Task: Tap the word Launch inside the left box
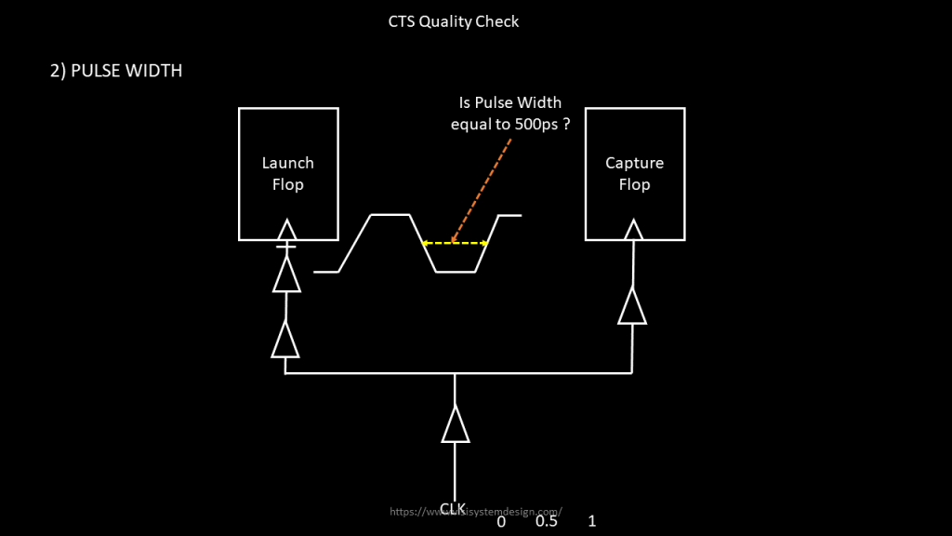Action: tap(287, 163)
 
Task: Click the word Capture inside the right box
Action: tap(634, 163)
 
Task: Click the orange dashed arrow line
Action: tap(482, 191)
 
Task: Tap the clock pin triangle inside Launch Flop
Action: tap(287, 230)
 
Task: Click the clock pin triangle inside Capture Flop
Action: tap(633, 230)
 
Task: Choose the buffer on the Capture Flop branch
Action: tap(632, 306)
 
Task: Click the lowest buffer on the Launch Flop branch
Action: tap(285, 340)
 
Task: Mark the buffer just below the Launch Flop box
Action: tap(286, 275)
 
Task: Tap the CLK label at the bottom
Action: tap(453, 508)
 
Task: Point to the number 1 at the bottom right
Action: tap(591, 521)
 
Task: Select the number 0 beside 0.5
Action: tap(501, 522)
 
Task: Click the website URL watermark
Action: tap(476, 511)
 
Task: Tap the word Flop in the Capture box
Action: tap(634, 184)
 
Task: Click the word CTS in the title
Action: tap(402, 21)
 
